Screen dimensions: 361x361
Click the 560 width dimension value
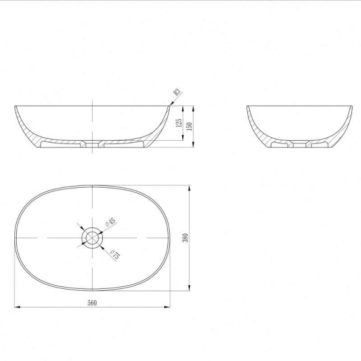[92, 303]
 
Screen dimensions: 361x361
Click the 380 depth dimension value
[185, 238]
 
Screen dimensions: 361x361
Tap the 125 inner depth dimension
[179, 123]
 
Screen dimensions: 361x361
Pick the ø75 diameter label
[115, 255]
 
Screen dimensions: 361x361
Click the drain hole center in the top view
[93, 238]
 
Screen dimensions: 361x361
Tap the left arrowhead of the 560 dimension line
[17, 307]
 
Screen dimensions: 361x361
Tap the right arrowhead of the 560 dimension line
[167, 307]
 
